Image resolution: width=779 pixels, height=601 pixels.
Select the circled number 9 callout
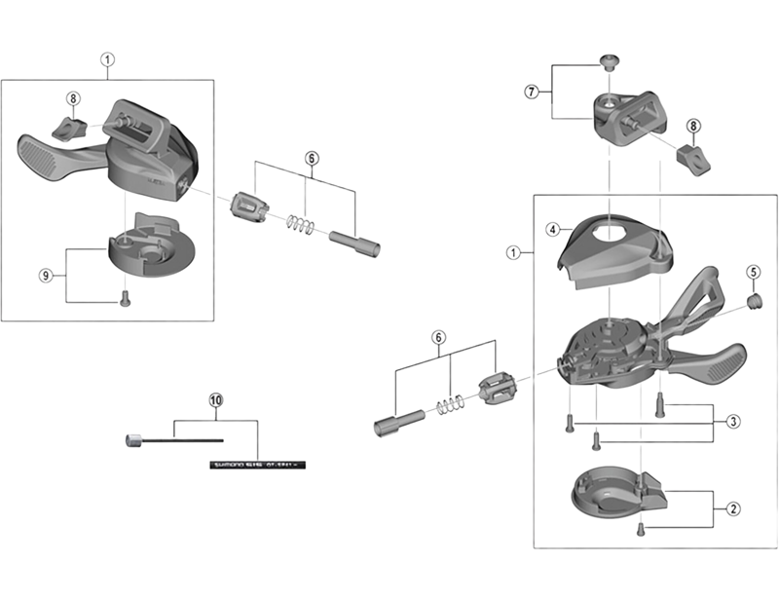click(45, 276)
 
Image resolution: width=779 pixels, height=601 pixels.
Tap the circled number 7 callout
click(532, 92)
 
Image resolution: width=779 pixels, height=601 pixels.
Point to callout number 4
click(551, 230)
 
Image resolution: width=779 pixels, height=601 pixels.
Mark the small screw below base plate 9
click(125, 301)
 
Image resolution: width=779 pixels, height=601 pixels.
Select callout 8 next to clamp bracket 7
click(693, 126)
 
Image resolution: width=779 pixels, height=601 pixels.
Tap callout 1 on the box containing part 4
click(512, 251)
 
